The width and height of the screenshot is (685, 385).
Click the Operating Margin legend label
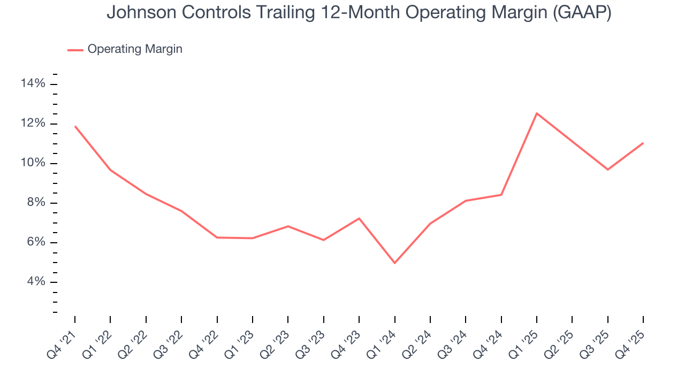click(x=135, y=49)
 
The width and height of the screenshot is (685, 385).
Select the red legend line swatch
click(x=75, y=50)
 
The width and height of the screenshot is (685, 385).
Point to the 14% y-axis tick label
click(x=33, y=83)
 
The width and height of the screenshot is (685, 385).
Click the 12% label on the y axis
click(x=33, y=123)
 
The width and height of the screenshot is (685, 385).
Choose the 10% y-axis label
click(x=33, y=163)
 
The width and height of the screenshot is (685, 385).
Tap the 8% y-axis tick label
click(x=35, y=203)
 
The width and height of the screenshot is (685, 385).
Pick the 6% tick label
click(x=35, y=242)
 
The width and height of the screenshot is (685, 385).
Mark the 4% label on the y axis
click(x=35, y=282)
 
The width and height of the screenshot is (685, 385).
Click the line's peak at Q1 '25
click(x=537, y=113)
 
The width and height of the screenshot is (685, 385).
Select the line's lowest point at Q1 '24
click(x=394, y=263)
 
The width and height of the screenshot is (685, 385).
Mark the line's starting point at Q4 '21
click(x=75, y=126)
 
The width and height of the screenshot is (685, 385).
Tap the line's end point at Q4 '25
click(x=643, y=143)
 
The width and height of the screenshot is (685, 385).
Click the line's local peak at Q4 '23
click(x=359, y=218)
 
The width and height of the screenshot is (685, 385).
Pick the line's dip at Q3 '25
click(x=607, y=170)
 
